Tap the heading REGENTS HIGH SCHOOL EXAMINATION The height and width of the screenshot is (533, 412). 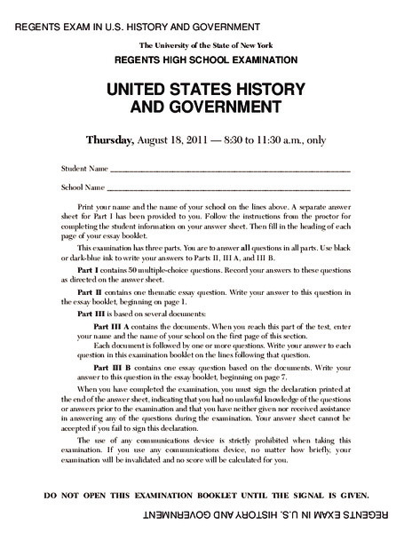pyautogui.click(x=205, y=59)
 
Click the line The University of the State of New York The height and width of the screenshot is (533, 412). pyautogui.click(x=205, y=44)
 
